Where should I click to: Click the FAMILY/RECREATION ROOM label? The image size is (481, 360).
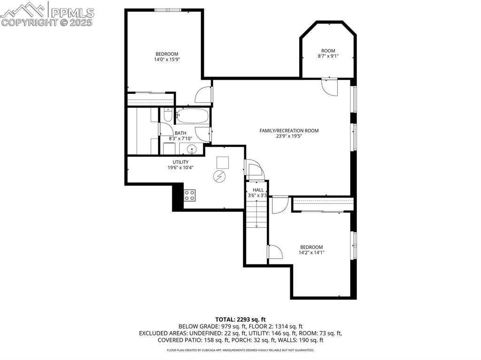pos(289,130)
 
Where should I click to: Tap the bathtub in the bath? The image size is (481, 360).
pos(192,116)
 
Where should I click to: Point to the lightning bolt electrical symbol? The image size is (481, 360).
pos(219,176)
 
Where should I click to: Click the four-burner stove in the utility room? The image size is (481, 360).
pos(189,195)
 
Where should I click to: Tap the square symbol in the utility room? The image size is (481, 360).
pos(223,162)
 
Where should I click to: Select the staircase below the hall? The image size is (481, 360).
pos(256,214)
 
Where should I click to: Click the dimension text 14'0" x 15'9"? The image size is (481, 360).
pos(167,60)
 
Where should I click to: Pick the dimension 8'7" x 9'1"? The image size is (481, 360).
pos(328,56)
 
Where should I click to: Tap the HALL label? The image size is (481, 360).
pos(258,190)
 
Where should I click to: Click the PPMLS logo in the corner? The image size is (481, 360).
pos(47,14)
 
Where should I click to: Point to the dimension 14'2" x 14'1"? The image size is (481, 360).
pos(311,253)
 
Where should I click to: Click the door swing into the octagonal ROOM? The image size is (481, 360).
pos(330,87)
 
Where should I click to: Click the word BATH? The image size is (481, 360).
pos(180,133)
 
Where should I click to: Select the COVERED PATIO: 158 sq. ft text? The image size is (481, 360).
pos(187,340)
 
